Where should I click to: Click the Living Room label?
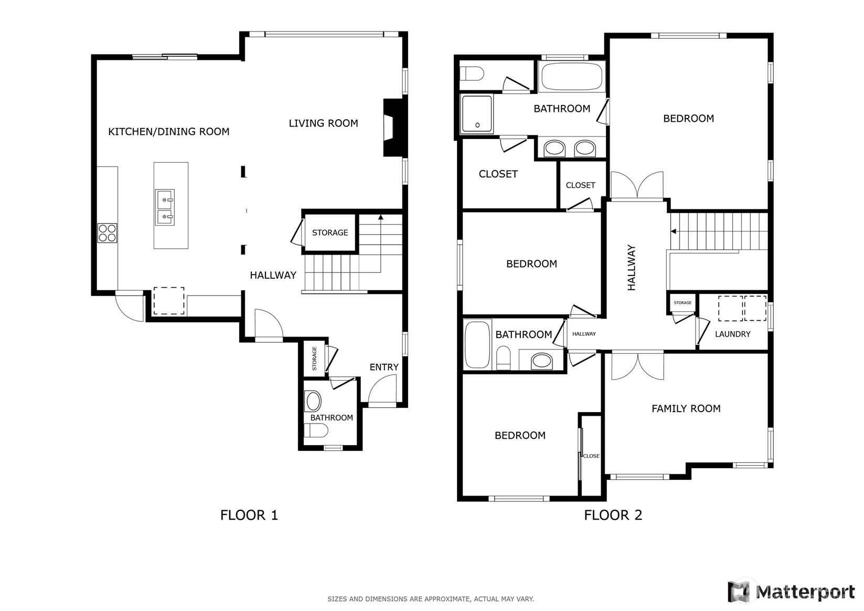[x=323, y=123]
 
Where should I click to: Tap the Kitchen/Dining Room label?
[x=168, y=132]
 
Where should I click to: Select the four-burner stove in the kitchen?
[x=107, y=233]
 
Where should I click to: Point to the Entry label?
[x=384, y=367]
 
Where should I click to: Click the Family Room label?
[x=686, y=408]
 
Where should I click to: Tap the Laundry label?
[x=732, y=334]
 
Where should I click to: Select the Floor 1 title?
[x=249, y=515]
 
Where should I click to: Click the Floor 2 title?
[x=613, y=515]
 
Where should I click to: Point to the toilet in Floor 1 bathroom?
[x=316, y=430]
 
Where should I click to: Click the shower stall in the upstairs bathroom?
[x=477, y=114]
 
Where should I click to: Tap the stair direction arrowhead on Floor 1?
[x=381, y=217]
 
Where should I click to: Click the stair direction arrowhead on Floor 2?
[x=674, y=231]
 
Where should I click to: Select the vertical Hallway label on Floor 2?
[x=631, y=268]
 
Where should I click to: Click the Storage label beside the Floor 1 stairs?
[x=330, y=233]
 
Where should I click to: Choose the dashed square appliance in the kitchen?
[x=169, y=301]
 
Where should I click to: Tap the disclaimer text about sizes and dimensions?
[x=431, y=599]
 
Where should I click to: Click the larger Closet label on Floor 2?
[x=498, y=174]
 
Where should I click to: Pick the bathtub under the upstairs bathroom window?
[x=572, y=77]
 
